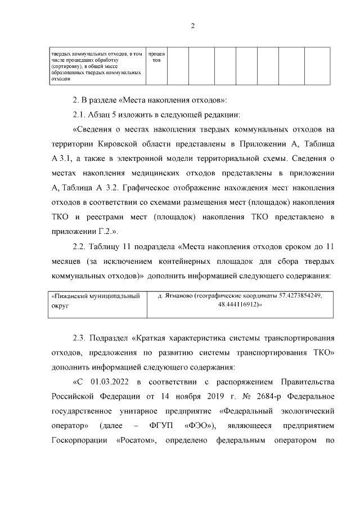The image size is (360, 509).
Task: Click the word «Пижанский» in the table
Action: [x=69, y=295]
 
